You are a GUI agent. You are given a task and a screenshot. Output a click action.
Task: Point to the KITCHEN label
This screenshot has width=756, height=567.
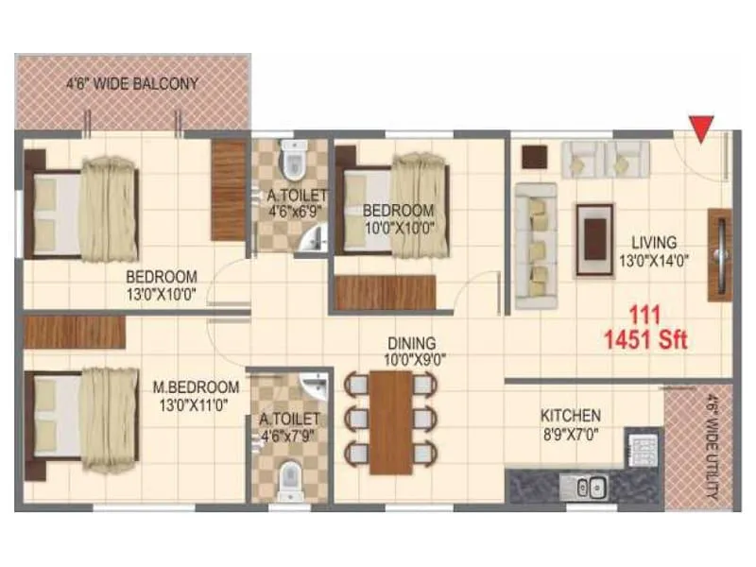click(570, 416)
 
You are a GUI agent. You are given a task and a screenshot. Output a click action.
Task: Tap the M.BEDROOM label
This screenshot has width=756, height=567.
click(196, 387)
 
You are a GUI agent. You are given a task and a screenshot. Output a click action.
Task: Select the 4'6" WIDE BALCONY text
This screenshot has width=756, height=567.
click(132, 83)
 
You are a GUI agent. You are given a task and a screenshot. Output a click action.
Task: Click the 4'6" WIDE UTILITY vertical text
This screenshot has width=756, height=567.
click(711, 444)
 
